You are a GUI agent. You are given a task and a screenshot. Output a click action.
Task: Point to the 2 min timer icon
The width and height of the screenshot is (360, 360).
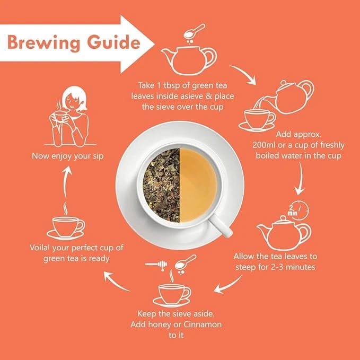point(298,210)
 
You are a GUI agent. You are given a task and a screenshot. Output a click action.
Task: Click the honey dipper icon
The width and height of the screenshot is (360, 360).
point(156,265)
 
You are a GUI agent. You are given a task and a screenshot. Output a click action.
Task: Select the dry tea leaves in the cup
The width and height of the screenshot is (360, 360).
point(161,185)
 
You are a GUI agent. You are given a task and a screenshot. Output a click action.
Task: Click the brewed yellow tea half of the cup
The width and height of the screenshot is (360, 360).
point(198,185)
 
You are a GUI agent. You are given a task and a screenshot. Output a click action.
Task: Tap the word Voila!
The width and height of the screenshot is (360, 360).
point(39,248)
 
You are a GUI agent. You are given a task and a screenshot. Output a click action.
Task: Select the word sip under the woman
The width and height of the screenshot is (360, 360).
point(99,156)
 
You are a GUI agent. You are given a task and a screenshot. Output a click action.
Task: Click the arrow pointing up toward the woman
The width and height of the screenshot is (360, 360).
point(66,183)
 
